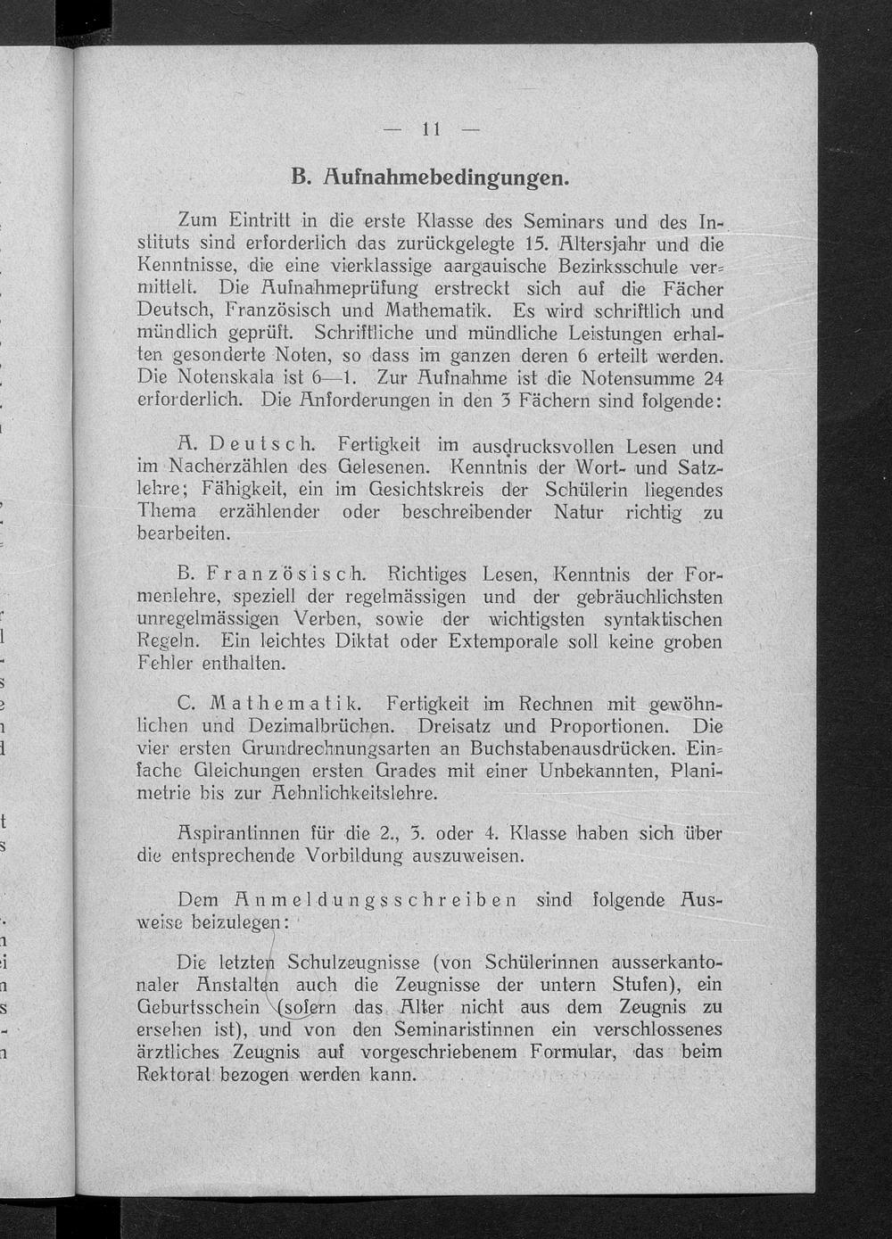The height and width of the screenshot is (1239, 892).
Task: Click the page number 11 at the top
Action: pyautogui.click(x=432, y=128)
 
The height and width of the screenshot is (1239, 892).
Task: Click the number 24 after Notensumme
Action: pyautogui.click(x=713, y=376)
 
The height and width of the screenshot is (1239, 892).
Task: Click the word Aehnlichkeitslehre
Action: pyautogui.click(x=355, y=793)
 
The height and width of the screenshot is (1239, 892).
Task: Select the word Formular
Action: pyautogui.click(x=577, y=1052)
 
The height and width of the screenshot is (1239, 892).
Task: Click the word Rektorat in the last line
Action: pyautogui.click(x=174, y=1073)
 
